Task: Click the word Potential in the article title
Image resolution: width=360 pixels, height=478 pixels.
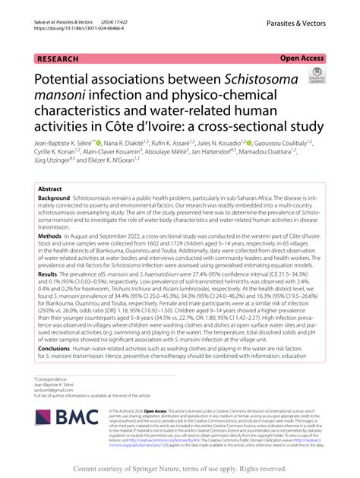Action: click(71, 78)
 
